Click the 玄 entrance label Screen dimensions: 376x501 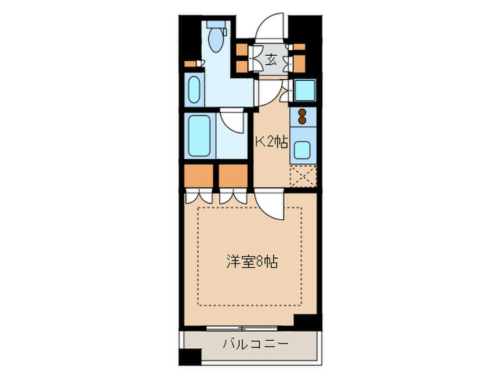(x=272, y=59)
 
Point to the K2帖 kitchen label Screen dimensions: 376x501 (x=272, y=141)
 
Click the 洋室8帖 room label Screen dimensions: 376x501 (x=249, y=262)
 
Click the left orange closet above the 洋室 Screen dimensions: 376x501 (x=198, y=175)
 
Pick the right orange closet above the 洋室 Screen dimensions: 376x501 (x=233, y=175)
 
